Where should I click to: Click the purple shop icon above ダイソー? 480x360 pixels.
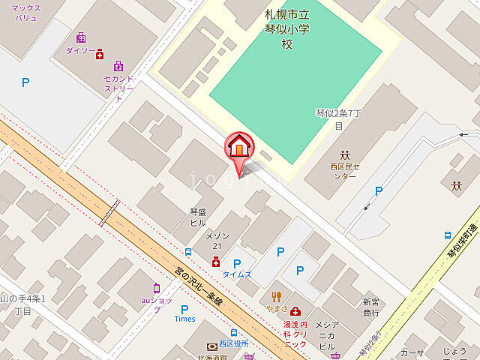click(81, 37)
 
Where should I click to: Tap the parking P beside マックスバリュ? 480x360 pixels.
click(25, 83)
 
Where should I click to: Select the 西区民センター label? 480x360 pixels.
click(344, 171)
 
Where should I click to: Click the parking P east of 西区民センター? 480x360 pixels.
click(379, 192)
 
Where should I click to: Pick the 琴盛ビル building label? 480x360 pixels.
click(198, 217)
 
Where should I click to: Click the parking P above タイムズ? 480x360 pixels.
click(237, 263)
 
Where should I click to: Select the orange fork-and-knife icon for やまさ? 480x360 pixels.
click(277, 296)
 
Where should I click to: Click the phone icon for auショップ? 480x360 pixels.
click(157, 289)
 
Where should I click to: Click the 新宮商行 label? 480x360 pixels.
click(370, 306)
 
